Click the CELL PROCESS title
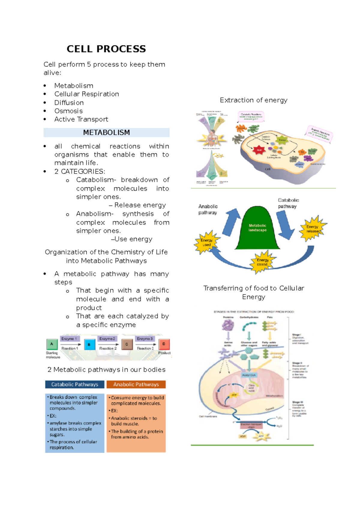106,49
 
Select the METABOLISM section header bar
106,132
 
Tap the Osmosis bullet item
68,111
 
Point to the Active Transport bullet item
81,119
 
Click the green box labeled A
52,344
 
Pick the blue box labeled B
89,344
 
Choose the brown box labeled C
127,344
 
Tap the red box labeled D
164,344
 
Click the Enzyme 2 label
107,339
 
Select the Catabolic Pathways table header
75,384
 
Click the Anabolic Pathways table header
136,384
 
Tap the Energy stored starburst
262,262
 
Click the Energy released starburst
313,229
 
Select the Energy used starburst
206,242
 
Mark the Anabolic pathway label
208,210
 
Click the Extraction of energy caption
253,100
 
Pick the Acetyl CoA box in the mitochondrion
249,375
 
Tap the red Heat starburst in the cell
259,150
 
